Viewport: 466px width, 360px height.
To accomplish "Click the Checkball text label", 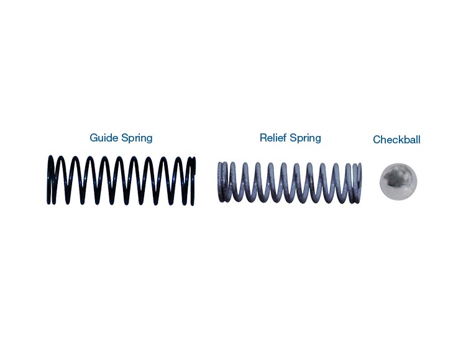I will click(396, 140).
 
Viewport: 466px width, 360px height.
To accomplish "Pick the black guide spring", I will click(122, 180).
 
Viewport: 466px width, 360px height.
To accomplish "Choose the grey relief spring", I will click(290, 182).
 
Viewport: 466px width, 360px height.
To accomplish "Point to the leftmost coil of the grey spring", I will click(221, 182).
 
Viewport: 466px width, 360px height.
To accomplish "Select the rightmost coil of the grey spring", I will click(358, 182).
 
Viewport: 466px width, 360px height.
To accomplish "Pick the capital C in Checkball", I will click(377, 140).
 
